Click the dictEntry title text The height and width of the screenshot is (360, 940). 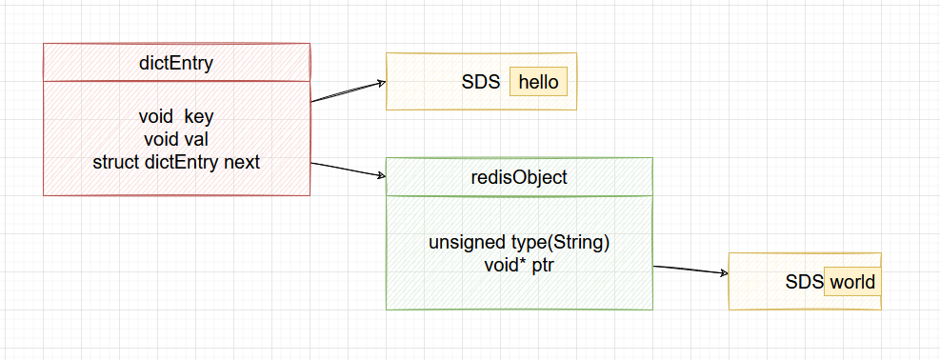pyautogui.click(x=176, y=63)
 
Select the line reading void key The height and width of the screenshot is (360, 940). pyautogui.click(x=176, y=116)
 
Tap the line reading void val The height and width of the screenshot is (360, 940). pyautogui.click(x=176, y=139)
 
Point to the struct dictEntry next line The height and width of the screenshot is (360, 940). pyautogui.click(x=176, y=162)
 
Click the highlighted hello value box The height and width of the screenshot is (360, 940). pyautogui.click(x=538, y=82)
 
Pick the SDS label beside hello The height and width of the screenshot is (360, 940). pyautogui.click(x=481, y=82)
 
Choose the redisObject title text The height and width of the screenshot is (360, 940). pyautogui.click(x=519, y=177)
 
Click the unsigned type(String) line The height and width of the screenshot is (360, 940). pyautogui.click(x=519, y=242)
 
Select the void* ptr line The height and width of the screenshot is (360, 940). pyautogui.click(x=519, y=265)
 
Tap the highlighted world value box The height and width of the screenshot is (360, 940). pyautogui.click(x=851, y=283)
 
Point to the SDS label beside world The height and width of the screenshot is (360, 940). pyautogui.click(x=804, y=283)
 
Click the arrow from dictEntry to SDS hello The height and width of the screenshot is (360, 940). pyautogui.click(x=348, y=91)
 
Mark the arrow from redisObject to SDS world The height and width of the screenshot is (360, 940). pyautogui.click(x=690, y=270)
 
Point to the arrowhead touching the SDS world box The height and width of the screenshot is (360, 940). pyautogui.click(x=723, y=274)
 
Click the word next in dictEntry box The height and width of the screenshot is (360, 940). pyautogui.click(x=242, y=162)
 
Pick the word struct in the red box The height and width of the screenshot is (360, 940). pyautogui.click(x=116, y=162)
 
